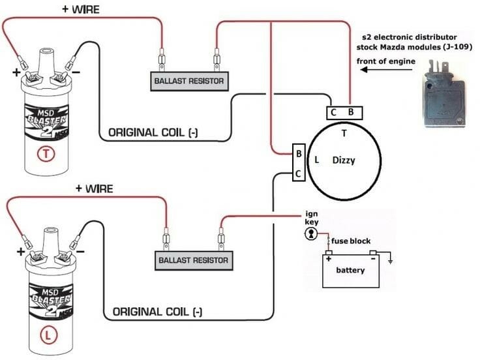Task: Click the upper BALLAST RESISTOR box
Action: tap(188, 82)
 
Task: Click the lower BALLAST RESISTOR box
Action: tap(193, 260)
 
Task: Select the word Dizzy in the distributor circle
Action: tap(344, 160)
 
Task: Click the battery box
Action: tap(350, 269)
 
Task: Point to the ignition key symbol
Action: tap(312, 233)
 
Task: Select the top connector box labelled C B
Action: tap(342, 112)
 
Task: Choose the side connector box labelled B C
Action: tap(298, 163)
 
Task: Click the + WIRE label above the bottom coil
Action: tap(94, 188)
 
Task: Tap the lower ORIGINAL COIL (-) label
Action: tap(157, 312)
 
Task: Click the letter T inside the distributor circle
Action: tap(344, 133)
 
